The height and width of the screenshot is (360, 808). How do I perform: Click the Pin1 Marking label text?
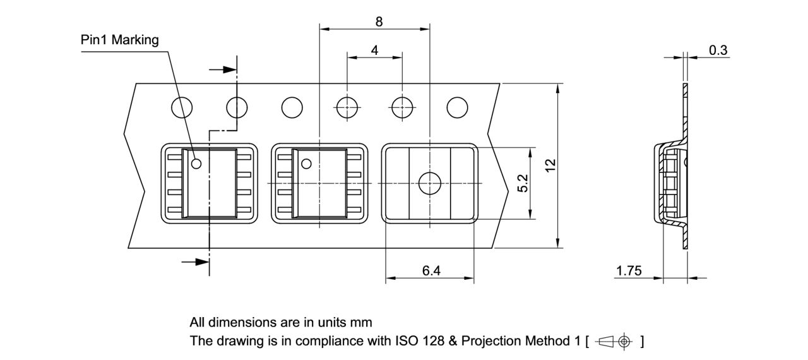120,40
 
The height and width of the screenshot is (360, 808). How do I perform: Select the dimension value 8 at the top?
379,21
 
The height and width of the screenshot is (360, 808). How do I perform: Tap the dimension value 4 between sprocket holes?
375,51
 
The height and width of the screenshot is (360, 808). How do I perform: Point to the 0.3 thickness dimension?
718,51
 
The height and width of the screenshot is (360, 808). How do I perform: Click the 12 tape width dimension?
550,165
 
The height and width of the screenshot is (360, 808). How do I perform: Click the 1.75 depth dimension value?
629,271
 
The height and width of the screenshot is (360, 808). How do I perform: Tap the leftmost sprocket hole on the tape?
182,108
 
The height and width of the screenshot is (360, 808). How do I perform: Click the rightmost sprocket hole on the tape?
457,108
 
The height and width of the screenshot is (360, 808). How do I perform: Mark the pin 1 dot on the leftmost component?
196,164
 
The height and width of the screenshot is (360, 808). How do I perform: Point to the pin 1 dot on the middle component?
306,164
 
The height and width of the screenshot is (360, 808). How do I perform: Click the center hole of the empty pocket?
430,183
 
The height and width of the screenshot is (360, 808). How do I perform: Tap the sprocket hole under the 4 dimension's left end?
347,108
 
